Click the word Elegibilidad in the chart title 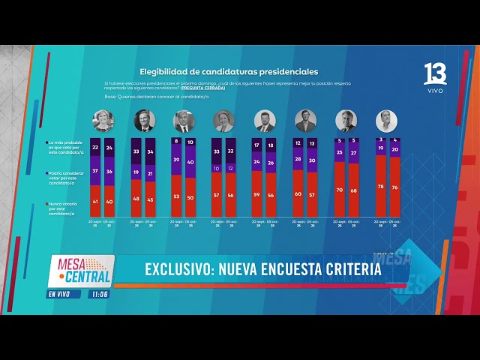(x=163, y=72)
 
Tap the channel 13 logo (x=435, y=75)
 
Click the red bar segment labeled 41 (x=95, y=201)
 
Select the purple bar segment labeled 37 (x=95, y=170)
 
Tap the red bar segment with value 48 (x=136, y=198)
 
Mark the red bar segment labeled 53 (x=177, y=196)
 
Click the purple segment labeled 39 (x=177, y=160)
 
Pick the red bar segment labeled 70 (x=340, y=190)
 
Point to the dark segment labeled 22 (x=95, y=148)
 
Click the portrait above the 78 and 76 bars (x=386, y=120)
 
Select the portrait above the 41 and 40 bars (x=102, y=120)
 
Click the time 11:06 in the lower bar (x=98, y=295)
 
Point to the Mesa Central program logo (x=80, y=271)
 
